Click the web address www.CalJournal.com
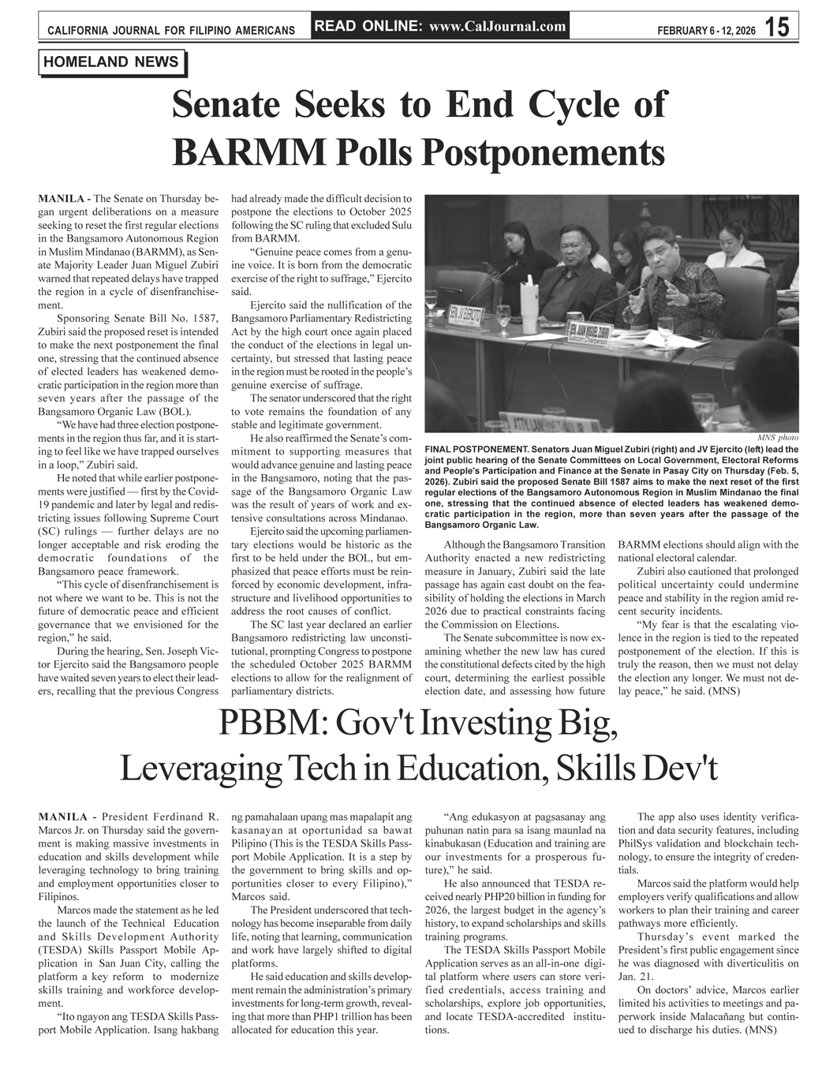(x=498, y=26)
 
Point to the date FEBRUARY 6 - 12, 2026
(x=705, y=30)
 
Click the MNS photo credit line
(x=777, y=437)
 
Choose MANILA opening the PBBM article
(x=62, y=816)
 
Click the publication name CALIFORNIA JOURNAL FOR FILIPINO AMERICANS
(x=171, y=31)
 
